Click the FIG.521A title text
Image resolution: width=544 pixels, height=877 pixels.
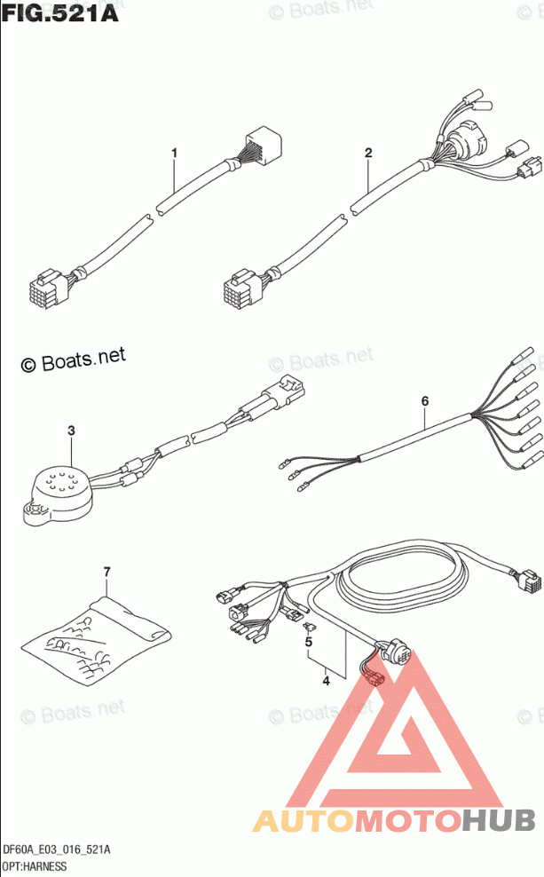pyautogui.click(x=59, y=12)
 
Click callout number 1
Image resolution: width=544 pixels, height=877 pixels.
pyautogui.click(x=175, y=153)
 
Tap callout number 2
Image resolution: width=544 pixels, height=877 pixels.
pyautogui.click(x=368, y=153)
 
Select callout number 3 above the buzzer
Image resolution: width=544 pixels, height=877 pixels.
pyautogui.click(x=71, y=431)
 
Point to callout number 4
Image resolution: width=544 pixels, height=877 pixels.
pyautogui.click(x=326, y=681)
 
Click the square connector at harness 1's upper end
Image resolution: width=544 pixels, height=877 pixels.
pyautogui.click(x=264, y=143)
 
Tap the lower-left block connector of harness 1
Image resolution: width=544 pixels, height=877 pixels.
pyautogui.click(x=48, y=288)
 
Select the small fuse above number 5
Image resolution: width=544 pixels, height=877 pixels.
pyautogui.click(x=309, y=626)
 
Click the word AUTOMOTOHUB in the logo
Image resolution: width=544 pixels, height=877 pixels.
pyautogui.click(x=394, y=820)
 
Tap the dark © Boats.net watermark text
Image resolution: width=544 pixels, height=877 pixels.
pyautogui.click(x=74, y=359)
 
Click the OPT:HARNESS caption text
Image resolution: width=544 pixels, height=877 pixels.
pyautogui.click(x=35, y=866)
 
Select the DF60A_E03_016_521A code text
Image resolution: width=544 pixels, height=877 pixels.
pyautogui.click(x=57, y=850)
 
